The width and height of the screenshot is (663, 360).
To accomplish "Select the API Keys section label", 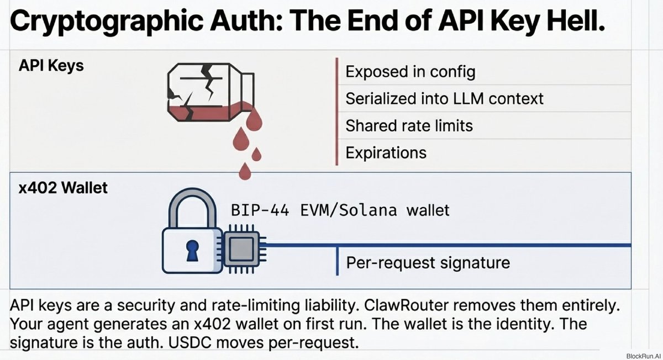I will [x=51, y=65].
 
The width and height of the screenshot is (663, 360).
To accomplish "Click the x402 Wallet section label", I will [x=63, y=187].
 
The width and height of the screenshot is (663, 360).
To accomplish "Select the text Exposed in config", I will [x=410, y=72].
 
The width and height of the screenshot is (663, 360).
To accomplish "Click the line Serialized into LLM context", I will [x=444, y=98].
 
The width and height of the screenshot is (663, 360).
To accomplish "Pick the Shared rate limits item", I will [x=409, y=125].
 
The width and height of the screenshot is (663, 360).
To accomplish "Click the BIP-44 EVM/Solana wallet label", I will [x=340, y=210].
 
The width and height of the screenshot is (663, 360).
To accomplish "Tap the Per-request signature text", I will [x=428, y=262].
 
